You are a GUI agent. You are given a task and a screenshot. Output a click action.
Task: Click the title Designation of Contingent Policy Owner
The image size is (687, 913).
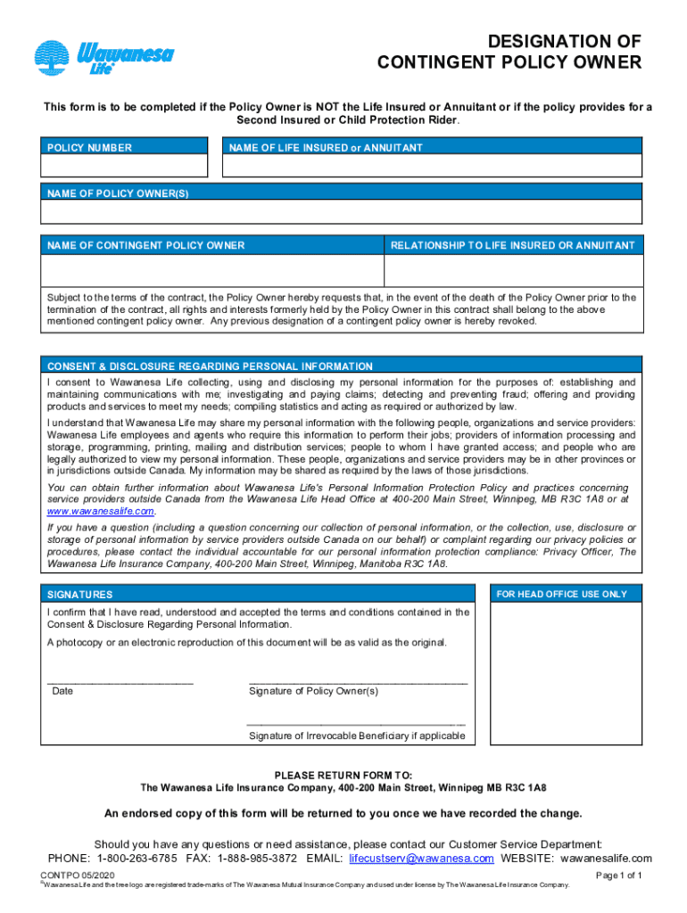click(x=509, y=52)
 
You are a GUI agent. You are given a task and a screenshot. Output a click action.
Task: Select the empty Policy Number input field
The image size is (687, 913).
click(x=124, y=166)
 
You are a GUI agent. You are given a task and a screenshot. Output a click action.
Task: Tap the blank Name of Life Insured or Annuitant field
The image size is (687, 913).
click(x=432, y=166)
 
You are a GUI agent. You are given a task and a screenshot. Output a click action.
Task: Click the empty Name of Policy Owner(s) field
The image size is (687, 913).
click(x=342, y=211)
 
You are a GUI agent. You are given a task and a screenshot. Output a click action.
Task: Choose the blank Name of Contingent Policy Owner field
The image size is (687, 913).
click(x=212, y=269)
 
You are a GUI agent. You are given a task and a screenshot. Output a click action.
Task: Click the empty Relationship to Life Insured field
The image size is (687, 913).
click(x=512, y=269)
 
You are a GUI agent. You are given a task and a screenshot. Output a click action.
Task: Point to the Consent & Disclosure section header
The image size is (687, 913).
click(x=210, y=366)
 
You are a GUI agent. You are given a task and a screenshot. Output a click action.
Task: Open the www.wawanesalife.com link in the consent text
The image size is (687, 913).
click(x=101, y=512)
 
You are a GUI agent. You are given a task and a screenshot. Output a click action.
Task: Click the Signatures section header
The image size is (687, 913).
click(x=80, y=595)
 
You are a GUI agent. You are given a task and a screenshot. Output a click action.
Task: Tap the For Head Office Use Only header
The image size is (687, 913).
click(x=561, y=594)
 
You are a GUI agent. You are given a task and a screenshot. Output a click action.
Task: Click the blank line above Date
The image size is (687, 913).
click(x=120, y=680)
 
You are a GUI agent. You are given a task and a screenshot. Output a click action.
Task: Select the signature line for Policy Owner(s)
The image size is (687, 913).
click(x=358, y=680)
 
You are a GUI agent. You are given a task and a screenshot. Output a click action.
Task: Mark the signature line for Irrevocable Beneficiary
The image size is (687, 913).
click(x=356, y=724)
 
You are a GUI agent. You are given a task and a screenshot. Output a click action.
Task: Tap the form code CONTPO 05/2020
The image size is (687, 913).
click(x=81, y=876)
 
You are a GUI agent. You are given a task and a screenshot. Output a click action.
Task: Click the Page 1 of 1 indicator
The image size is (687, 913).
click(x=618, y=876)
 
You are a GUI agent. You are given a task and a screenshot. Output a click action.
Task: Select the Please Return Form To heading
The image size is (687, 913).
click(x=343, y=775)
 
